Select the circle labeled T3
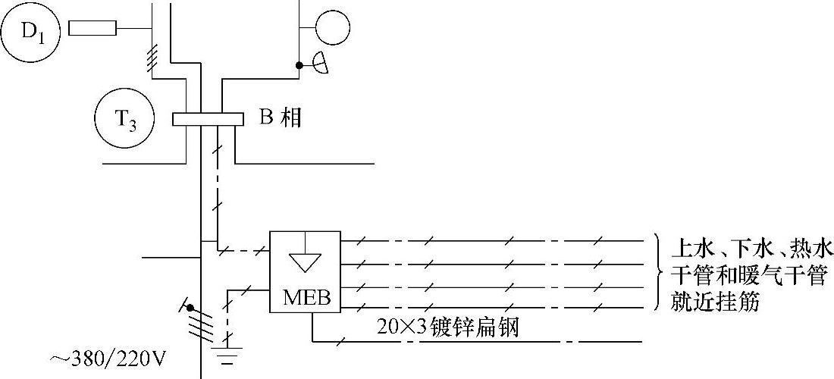pos(124,120)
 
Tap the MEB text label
pos(306,297)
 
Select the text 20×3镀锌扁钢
pos(448,328)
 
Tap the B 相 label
pos(281,119)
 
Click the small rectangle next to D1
pos(92,29)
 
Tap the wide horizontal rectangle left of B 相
pos(207,119)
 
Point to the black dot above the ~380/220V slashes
pos(190,309)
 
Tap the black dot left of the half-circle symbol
pos(300,65)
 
